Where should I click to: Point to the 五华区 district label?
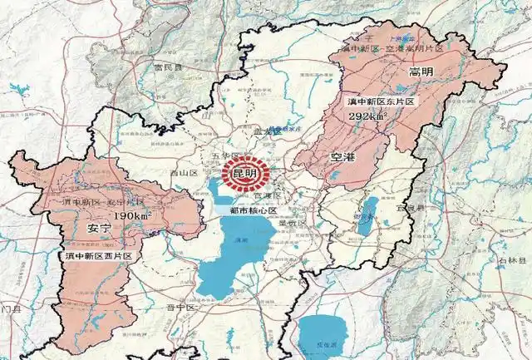[x=226, y=156]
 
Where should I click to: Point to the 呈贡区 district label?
[x=292, y=224]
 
